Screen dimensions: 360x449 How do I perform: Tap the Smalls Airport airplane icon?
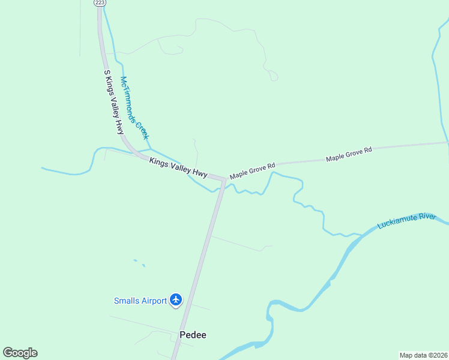pyautogui.click(x=176, y=299)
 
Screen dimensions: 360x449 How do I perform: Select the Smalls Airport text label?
pyautogui.click(x=140, y=301)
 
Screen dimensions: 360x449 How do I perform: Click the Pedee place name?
pyautogui.click(x=193, y=335)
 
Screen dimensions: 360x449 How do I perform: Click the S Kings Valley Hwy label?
pyautogui.click(x=113, y=102)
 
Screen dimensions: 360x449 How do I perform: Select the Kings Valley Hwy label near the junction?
pyautogui.click(x=178, y=168)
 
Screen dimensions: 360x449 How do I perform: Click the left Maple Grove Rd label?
pyautogui.click(x=252, y=170)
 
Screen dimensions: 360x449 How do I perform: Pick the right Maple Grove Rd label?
pyautogui.click(x=349, y=154)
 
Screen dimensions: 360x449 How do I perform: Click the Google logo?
pyautogui.click(x=20, y=353)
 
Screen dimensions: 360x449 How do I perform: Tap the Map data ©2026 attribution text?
pyautogui.click(x=423, y=355)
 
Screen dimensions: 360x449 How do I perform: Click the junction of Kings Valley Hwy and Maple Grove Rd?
pyautogui.click(x=223, y=179)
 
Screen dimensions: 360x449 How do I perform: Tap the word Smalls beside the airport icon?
pyautogui.click(x=124, y=301)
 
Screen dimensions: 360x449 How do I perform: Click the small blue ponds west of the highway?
pyautogui.click(x=139, y=262)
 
